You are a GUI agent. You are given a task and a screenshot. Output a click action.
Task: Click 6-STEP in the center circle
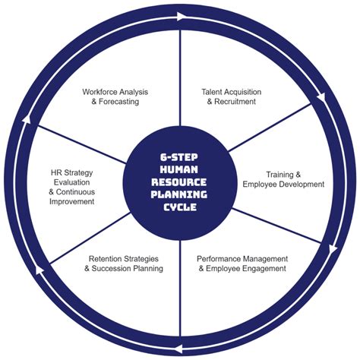[180, 156]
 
